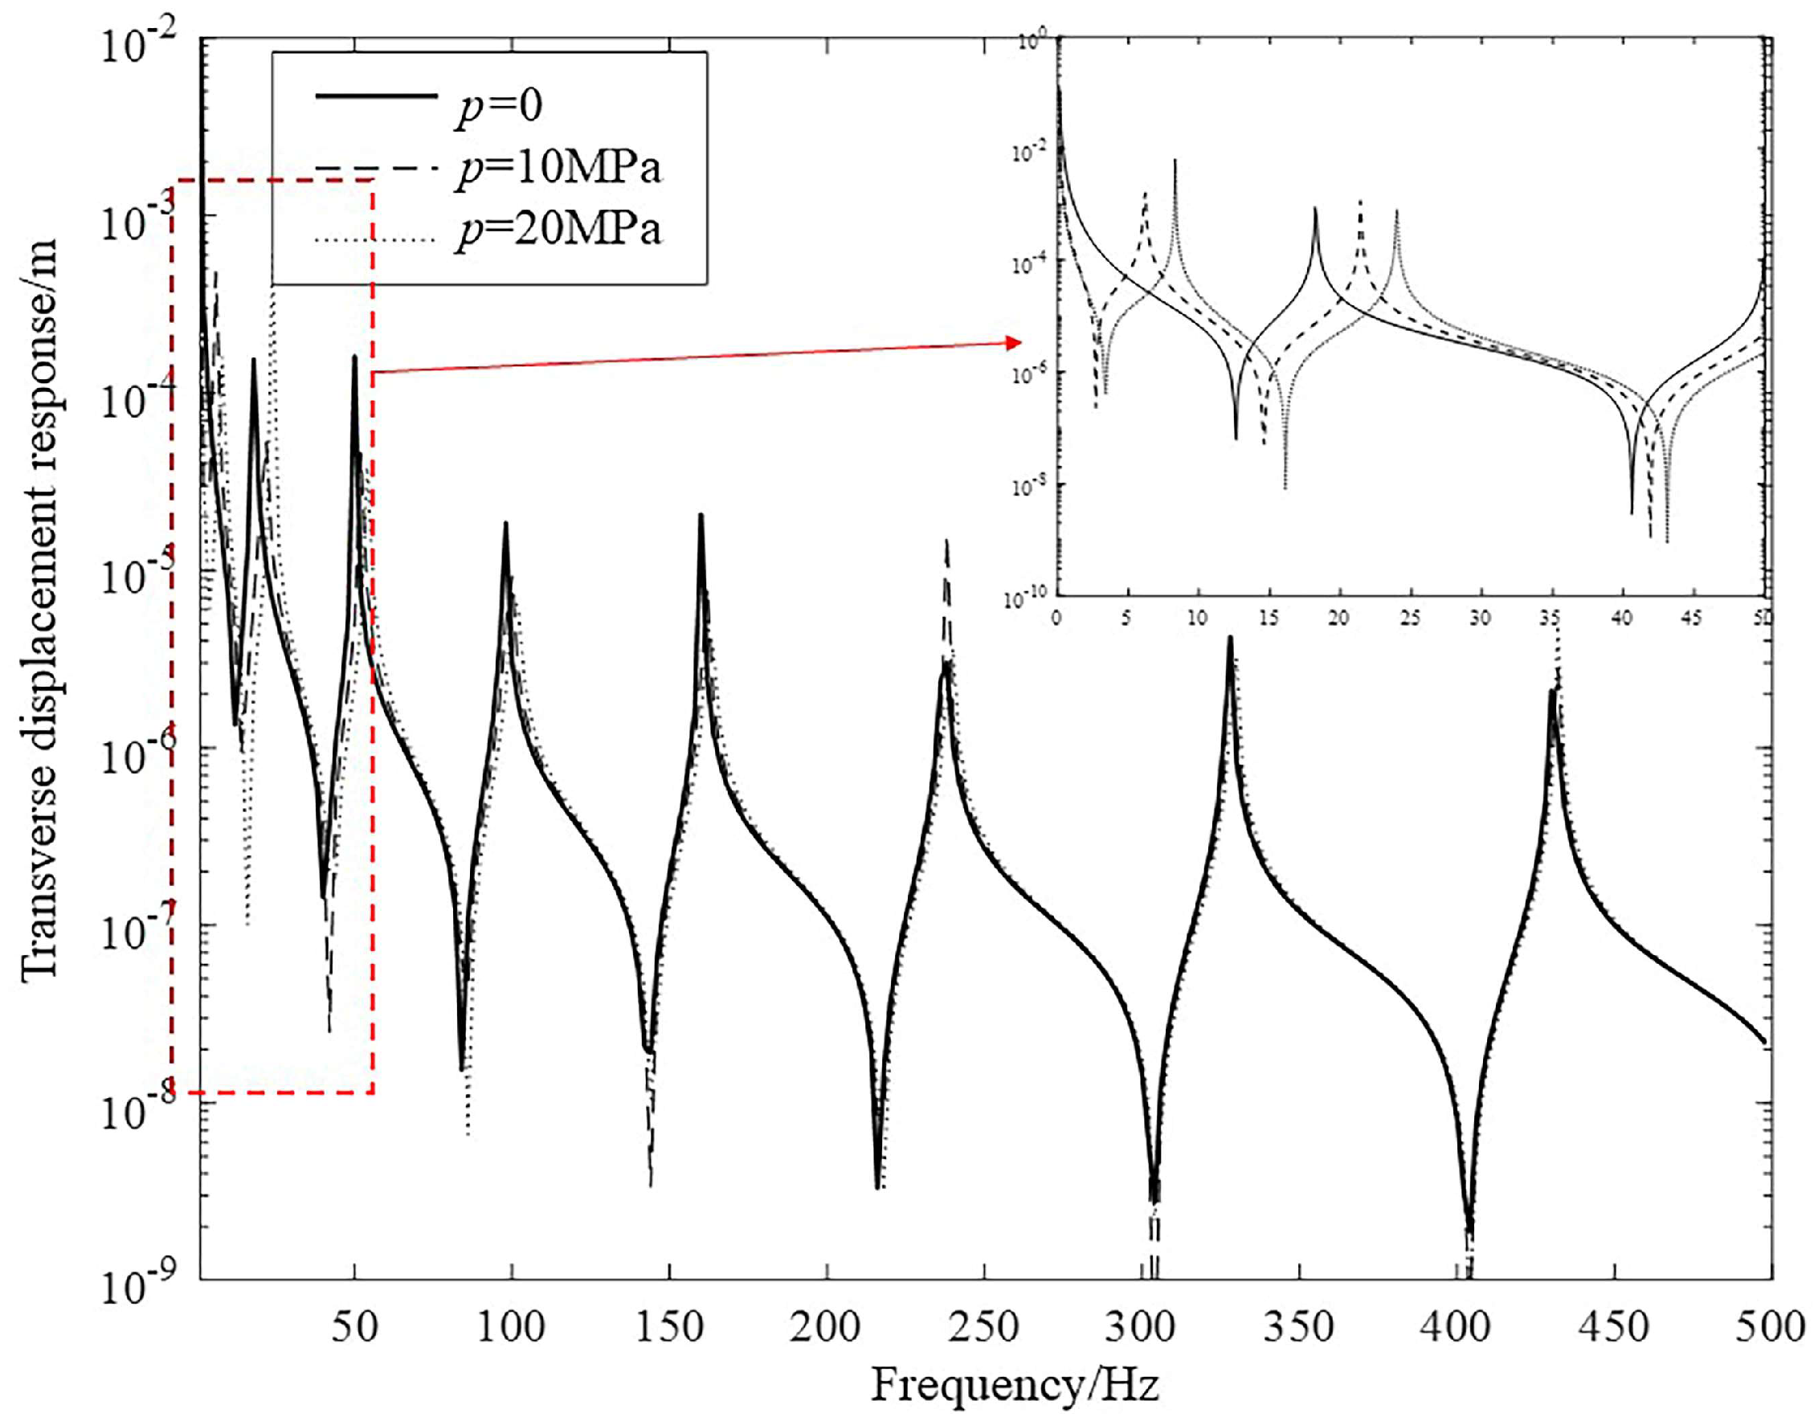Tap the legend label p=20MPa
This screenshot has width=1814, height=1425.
tap(558, 229)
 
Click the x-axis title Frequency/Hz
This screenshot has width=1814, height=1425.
tap(1015, 1386)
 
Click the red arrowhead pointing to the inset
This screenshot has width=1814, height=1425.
tap(1014, 343)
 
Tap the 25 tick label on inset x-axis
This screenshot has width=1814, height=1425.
tap(1410, 619)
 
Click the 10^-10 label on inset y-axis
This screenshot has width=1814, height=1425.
tap(1024, 598)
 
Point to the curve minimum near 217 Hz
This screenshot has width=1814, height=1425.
tap(877, 1186)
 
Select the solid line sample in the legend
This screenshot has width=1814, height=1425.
tap(375, 96)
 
